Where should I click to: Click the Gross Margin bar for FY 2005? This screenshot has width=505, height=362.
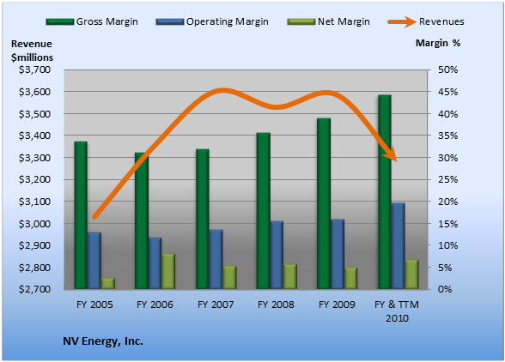click(x=81, y=215)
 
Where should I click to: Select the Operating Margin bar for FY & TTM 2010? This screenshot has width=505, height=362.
click(x=399, y=246)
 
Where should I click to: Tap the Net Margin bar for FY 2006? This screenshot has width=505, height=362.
click(x=168, y=271)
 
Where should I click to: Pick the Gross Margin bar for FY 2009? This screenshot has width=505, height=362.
click(x=324, y=203)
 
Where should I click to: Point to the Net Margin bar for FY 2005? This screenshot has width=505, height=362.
click(x=108, y=283)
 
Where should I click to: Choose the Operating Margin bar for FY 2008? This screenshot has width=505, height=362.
click(x=277, y=255)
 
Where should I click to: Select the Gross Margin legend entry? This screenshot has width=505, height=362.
click(x=92, y=21)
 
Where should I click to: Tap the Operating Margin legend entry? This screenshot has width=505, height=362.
click(x=212, y=21)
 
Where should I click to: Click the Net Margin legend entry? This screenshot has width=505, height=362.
click(x=328, y=21)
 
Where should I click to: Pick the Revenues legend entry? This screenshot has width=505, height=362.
click(x=426, y=21)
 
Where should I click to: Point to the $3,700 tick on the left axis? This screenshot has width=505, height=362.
click(x=34, y=69)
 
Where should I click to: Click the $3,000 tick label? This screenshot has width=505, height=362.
click(x=34, y=224)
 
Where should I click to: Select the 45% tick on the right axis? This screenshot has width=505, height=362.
click(x=447, y=92)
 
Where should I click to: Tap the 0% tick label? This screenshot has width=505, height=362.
click(x=445, y=289)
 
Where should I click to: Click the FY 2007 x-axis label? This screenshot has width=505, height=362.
click(x=216, y=305)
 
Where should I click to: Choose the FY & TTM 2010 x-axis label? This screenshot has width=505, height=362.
click(x=397, y=311)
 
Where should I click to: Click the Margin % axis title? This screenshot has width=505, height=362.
click(x=438, y=43)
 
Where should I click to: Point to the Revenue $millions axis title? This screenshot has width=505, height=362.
click(x=33, y=51)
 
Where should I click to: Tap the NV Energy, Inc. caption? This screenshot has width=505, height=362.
click(x=103, y=341)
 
